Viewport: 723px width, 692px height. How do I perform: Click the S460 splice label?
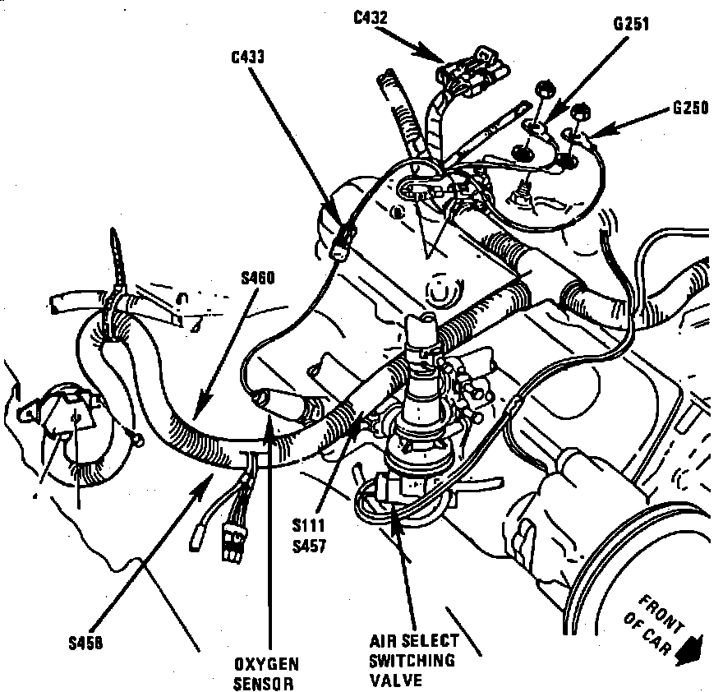point(257,278)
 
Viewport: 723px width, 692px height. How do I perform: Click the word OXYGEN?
point(265,664)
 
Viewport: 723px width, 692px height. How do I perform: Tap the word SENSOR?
point(265,683)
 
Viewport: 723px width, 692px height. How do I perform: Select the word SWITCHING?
point(411,662)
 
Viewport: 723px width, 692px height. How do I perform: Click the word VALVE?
point(395,680)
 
